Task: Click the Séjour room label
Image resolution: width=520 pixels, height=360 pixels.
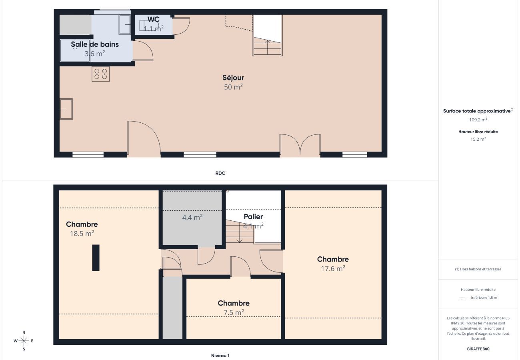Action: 233,78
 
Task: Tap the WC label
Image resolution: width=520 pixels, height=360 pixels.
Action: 154,20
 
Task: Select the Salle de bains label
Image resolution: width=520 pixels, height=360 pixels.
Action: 95,44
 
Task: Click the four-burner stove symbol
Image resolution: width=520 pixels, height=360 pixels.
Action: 100,74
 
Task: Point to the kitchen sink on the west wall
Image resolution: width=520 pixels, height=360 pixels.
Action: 66,109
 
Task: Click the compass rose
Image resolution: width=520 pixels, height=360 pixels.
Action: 24,341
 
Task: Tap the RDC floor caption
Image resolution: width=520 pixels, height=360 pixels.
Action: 220,173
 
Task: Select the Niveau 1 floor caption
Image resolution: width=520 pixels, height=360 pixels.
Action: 220,356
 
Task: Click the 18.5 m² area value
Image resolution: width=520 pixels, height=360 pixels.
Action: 82,234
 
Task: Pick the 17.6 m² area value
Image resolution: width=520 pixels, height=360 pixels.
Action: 333,269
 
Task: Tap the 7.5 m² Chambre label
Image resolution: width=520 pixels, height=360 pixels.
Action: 234,303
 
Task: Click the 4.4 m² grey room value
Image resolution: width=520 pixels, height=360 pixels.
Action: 192,217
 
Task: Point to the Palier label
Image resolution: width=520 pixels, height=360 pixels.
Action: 253,217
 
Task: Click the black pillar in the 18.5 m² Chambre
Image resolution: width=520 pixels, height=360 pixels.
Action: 96,258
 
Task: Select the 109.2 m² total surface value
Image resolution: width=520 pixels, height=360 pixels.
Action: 478,120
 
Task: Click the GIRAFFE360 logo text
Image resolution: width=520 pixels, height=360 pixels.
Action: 478,349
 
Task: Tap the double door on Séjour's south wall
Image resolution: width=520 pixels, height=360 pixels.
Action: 300,145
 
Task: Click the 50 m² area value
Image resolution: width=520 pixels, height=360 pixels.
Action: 233,87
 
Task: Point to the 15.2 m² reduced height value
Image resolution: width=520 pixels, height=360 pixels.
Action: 478,139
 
